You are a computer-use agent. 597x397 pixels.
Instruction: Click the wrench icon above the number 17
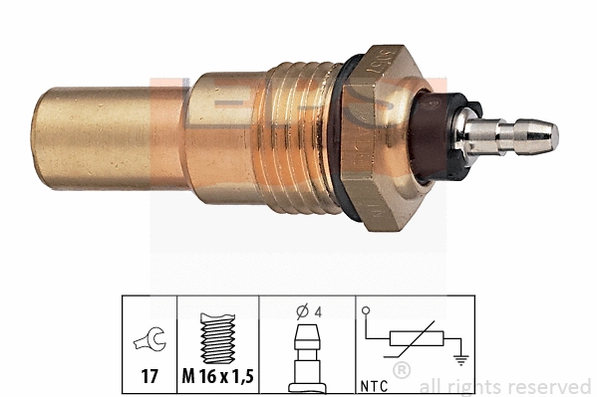coord(148,344)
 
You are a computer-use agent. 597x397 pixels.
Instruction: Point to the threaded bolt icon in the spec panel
coord(217,337)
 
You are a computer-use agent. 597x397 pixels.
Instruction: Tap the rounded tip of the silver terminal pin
coord(550,136)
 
